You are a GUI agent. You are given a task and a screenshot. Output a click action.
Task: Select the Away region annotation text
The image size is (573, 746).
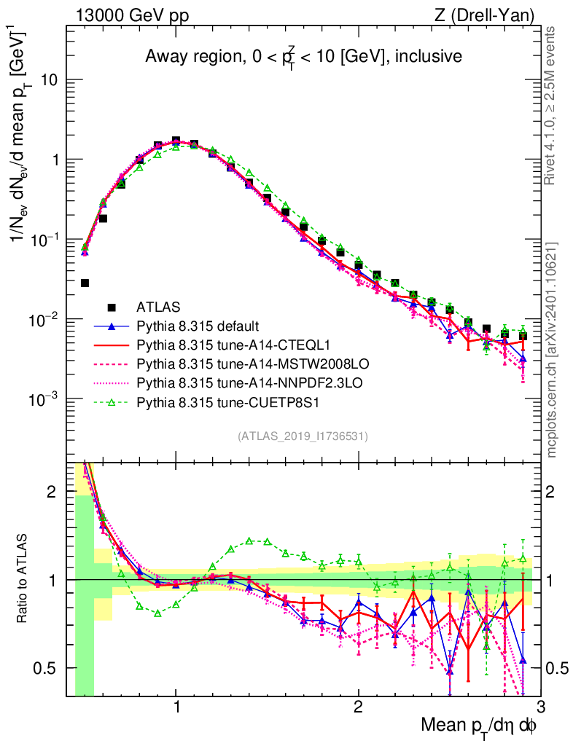pos(303,56)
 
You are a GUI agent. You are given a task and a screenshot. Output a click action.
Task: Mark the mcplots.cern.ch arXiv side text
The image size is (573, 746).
pos(552,350)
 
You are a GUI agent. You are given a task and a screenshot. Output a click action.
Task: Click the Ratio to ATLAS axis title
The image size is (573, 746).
pos(25,579)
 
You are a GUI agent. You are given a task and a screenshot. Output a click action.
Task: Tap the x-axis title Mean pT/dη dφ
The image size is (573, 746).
pos(479,726)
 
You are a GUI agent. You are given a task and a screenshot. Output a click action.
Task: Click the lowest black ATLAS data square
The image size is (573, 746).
pos(85,283)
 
